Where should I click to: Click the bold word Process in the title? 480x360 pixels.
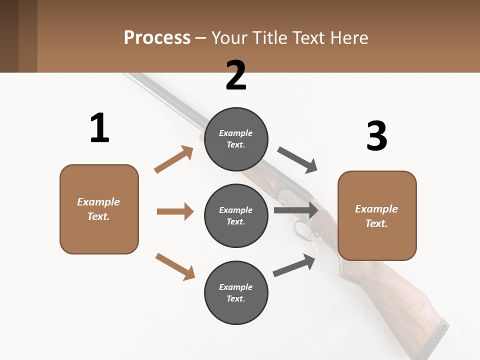point(157,37)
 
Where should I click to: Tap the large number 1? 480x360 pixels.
point(99,128)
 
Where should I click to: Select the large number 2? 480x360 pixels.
point(236,75)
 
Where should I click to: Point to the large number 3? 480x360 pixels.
point(376,136)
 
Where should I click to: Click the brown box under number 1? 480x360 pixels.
point(99,209)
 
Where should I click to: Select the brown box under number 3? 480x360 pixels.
point(377,215)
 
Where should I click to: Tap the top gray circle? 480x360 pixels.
point(236,138)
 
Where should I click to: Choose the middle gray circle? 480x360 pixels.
point(236,215)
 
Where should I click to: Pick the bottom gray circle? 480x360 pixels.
point(236,292)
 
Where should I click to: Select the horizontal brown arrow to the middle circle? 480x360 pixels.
point(175,211)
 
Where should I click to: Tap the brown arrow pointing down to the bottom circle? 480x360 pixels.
point(175,266)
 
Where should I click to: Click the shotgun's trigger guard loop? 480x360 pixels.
point(301,230)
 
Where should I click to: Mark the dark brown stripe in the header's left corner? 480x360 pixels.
point(9,36)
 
